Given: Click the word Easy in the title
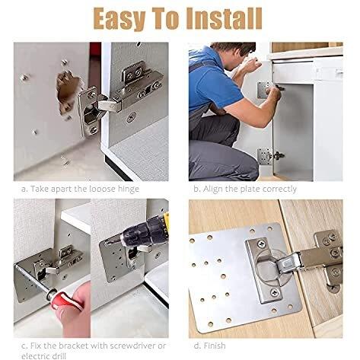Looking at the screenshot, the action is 119,20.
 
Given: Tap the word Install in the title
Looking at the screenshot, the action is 224,18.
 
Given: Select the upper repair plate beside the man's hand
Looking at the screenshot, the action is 263,90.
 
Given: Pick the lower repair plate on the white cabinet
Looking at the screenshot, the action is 263,155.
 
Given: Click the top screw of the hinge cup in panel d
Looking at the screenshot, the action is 261,244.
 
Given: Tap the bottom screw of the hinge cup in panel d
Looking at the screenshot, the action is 275,292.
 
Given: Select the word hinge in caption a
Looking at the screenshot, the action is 129,190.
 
